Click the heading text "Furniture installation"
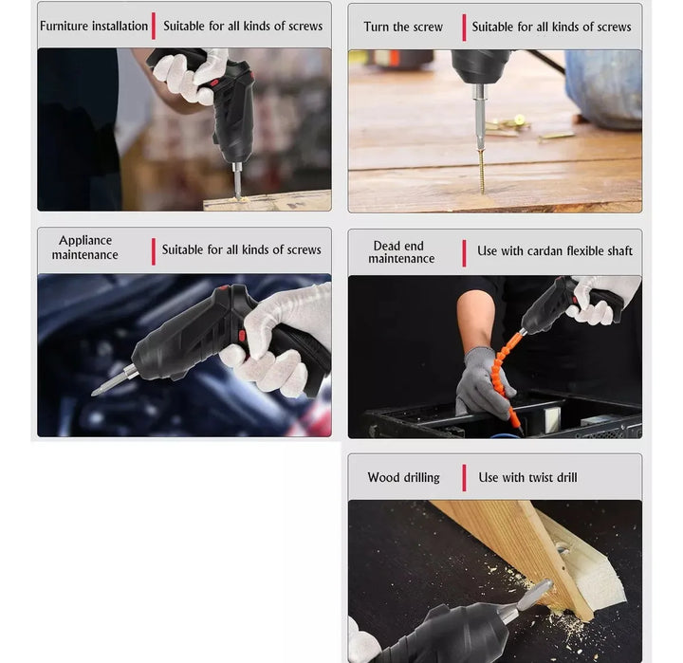point(94,27)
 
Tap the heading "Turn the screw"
point(403,27)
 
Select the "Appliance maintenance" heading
point(85,248)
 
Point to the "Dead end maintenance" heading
point(401,252)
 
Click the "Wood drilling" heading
point(403,477)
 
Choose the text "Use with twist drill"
point(527,477)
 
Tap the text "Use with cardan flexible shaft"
point(555,251)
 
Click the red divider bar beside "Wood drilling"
point(464,478)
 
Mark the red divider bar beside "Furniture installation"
point(154,26)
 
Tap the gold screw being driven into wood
point(482,171)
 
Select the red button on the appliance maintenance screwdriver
point(242,336)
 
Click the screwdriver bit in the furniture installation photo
point(237,180)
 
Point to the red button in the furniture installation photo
point(213,83)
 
